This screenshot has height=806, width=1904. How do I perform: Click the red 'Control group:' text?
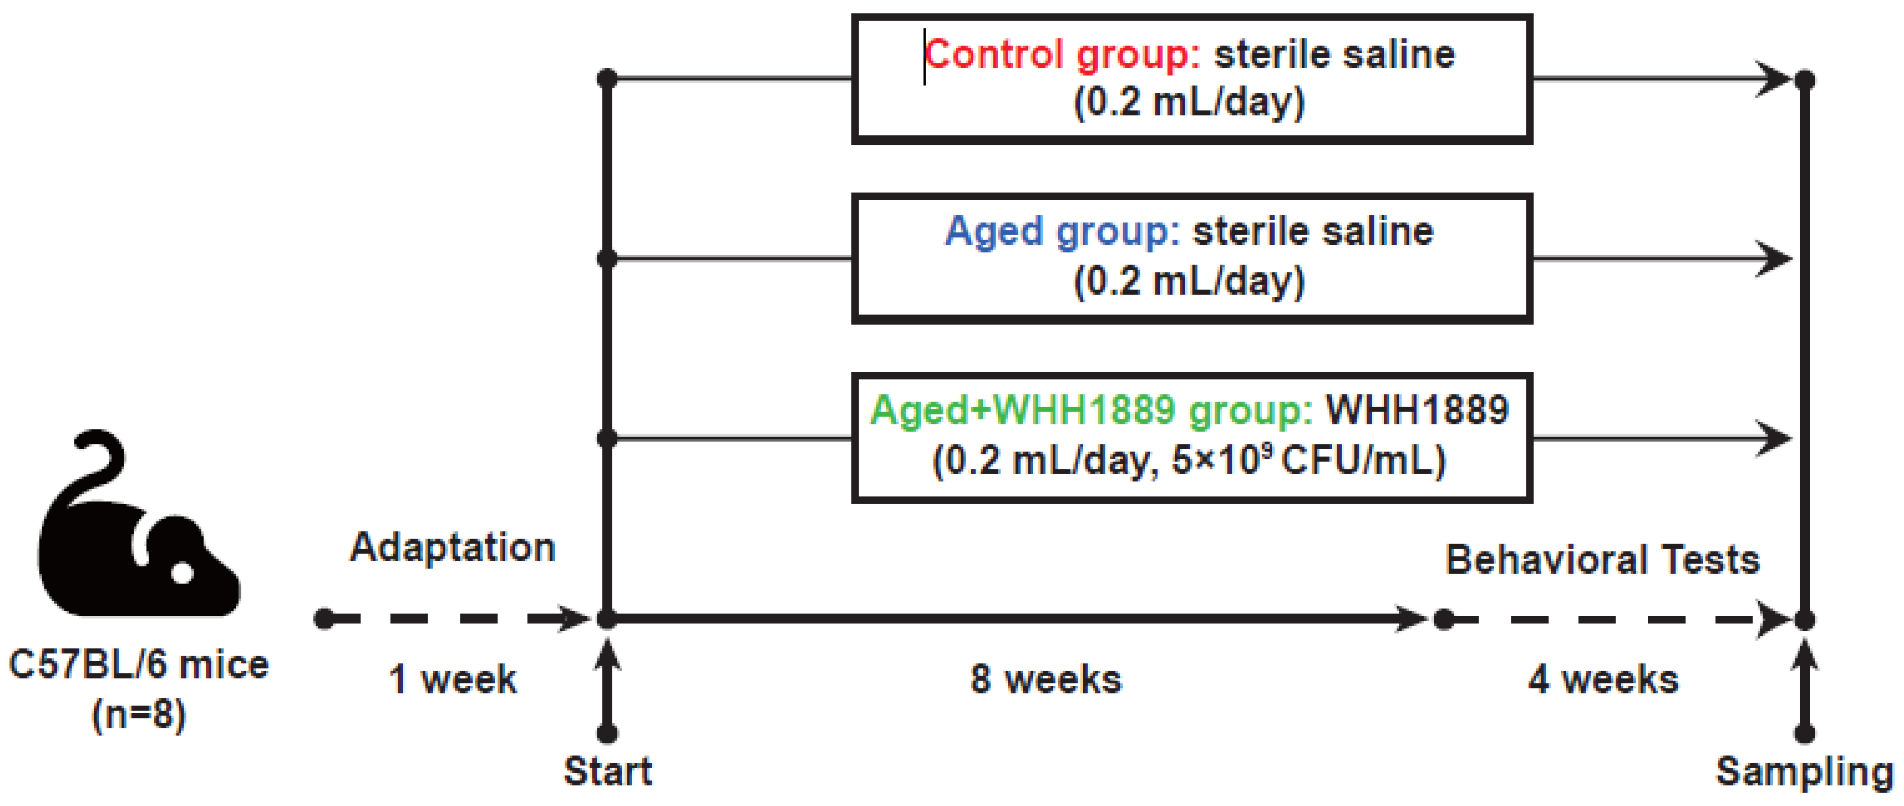pyautogui.click(x=1062, y=55)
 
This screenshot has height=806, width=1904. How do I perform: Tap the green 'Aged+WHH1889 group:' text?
pyautogui.click(x=1091, y=410)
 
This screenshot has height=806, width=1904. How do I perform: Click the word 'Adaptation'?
pyautogui.click(x=452, y=548)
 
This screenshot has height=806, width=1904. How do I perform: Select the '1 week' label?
pyautogui.click(x=452, y=679)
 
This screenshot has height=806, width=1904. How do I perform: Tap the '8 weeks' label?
pyautogui.click(x=1045, y=679)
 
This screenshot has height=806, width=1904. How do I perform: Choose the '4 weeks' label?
pyautogui.click(x=1603, y=679)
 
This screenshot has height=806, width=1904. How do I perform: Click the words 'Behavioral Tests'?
pyautogui.click(x=1603, y=560)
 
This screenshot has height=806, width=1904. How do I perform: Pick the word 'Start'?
pyautogui.click(x=608, y=771)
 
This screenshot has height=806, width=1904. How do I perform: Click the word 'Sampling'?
pyautogui.click(x=1804, y=771)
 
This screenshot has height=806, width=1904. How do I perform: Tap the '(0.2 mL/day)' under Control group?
pyautogui.click(x=1189, y=101)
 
